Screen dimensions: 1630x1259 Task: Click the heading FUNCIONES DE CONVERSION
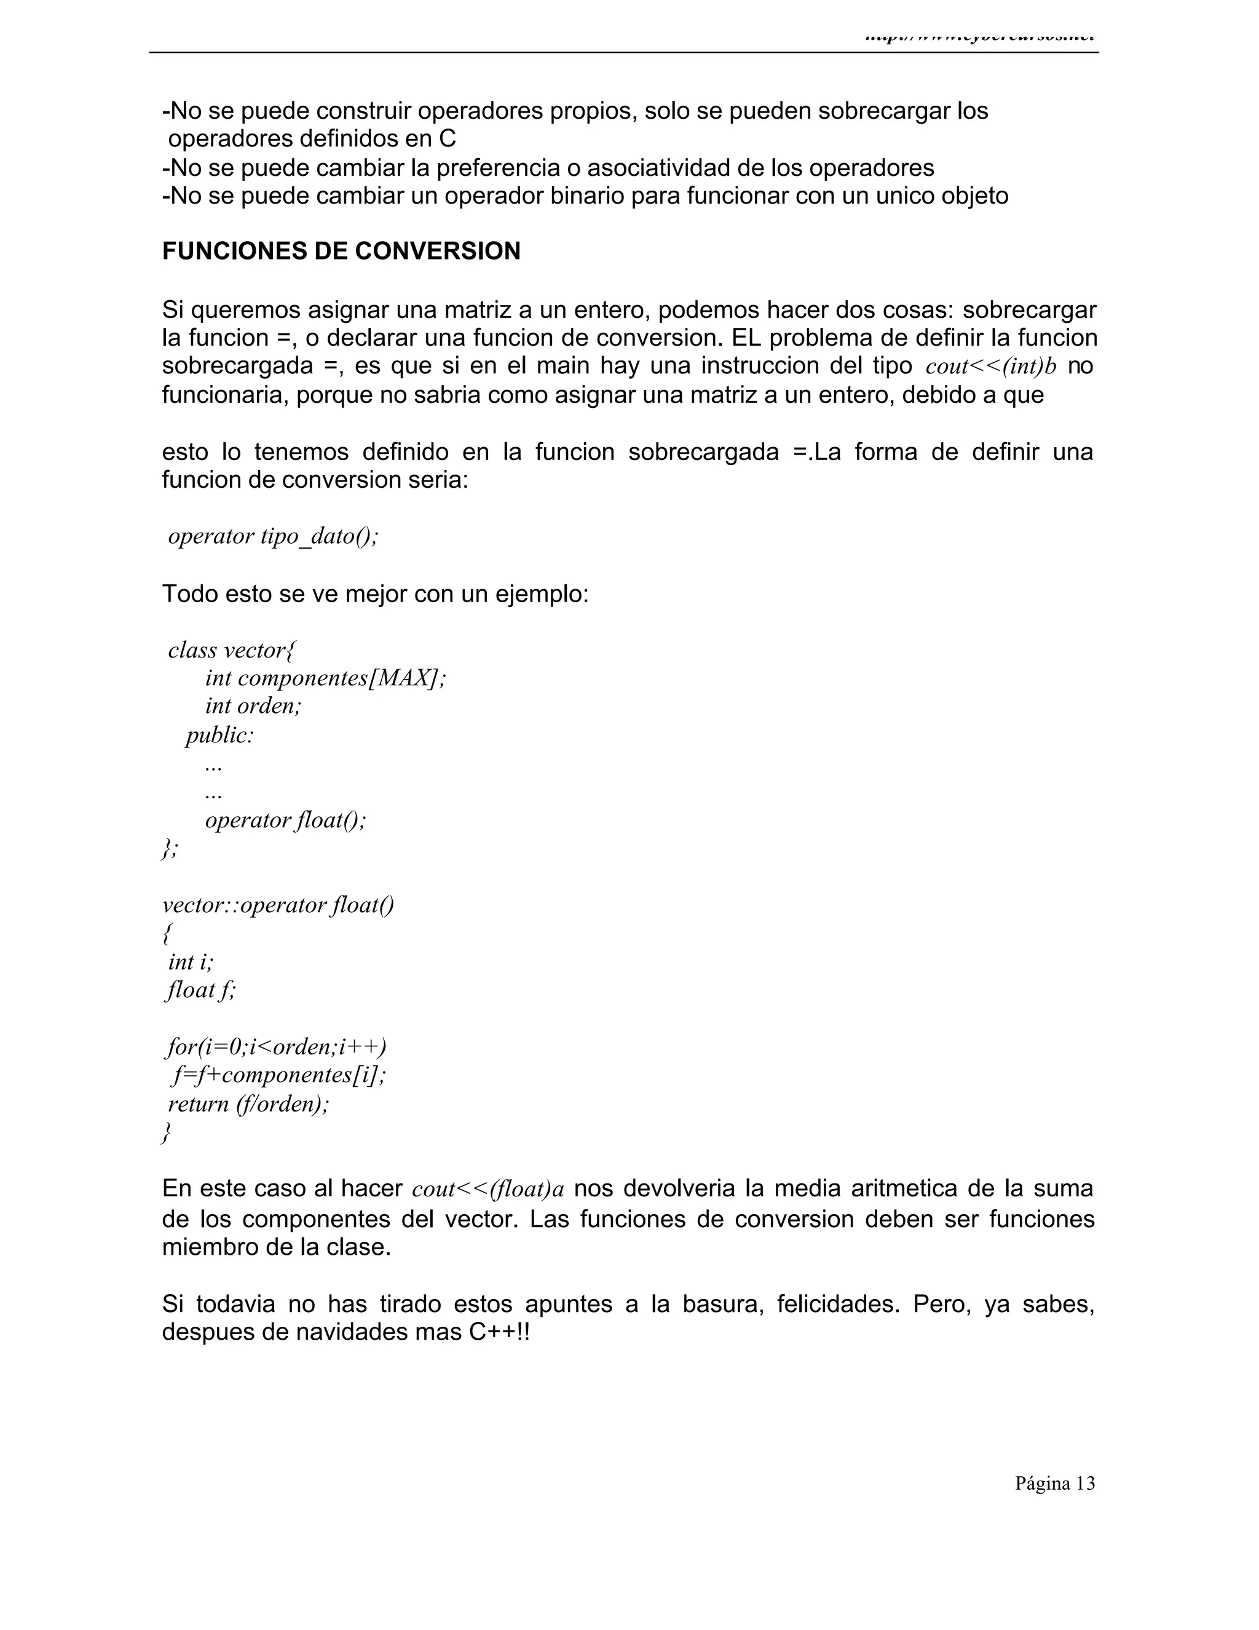pyautogui.click(x=341, y=252)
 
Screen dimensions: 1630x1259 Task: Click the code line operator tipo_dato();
pyautogui.click(x=273, y=536)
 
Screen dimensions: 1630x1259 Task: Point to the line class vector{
pyautogui.click(x=231, y=650)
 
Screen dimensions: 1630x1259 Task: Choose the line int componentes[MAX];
pyautogui.click(x=325, y=678)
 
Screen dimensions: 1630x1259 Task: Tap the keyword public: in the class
pyautogui.click(x=220, y=735)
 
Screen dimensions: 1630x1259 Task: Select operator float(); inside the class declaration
pyautogui.click(x=286, y=820)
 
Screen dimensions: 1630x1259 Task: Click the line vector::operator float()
pyautogui.click(x=277, y=905)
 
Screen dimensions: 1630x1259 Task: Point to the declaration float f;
pyautogui.click(x=200, y=990)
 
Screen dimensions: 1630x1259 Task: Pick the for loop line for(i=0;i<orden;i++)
pyautogui.click(x=276, y=1047)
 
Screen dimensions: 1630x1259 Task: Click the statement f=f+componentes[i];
pyautogui.click(x=279, y=1075)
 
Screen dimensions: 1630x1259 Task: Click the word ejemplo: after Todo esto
pyautogui.click(x=542, y=594)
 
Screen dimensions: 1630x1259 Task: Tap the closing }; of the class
pyautogui.click(x=170, y=849)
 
